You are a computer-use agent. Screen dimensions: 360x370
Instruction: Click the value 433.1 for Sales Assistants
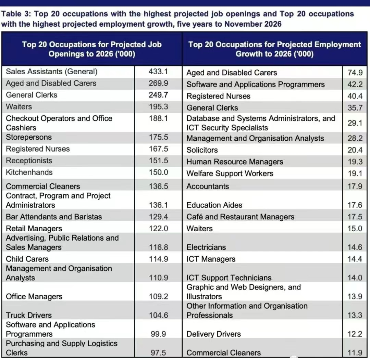pyautogui.click(x=158, y=72)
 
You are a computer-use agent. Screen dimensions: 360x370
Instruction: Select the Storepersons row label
pyautogui.click(x=29, y=137)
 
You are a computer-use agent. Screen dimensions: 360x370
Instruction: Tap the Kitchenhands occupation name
pyautogui.click(x=29, y=172)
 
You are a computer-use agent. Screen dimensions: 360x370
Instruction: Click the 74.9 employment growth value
pyautogui.click(x=355, y=73)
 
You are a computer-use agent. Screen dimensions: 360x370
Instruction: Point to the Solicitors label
pyautogui.click(x=202, y=150)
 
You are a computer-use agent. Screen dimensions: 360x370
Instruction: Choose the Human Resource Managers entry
pyautogui.click(x=235, y=162)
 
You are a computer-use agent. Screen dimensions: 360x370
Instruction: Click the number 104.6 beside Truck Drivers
pyautogui.click(x=158, y=315)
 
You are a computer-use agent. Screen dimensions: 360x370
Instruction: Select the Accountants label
pyautogui.click(x=208, y=187)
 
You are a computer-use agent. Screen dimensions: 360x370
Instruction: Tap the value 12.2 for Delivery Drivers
pyautogui.click(x=355, y=334)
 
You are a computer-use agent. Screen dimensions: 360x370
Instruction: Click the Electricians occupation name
pyautogui.click(x=206, y=247)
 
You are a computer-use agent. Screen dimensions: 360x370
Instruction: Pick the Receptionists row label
pyautogui.click(x=29, y=160)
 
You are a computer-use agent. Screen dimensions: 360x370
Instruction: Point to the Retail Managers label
pyautogui.click(x=34, y=229)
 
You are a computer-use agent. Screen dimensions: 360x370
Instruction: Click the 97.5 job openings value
pyautogui.click(x=158, y=353)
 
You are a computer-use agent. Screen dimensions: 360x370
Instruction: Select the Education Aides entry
pyautogui.click(x=214, y=205)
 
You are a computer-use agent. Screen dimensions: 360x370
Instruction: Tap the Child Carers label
pyautogui.click(x=27, y=259)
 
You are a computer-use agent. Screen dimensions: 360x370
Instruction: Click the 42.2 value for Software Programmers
pyautogui.click(x=355, y=85)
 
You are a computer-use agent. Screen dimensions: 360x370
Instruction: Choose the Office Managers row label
pyautogui.click(x=34, y=296)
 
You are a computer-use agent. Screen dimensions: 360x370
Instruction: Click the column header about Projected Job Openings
pyautogui.click(x=92, y=49)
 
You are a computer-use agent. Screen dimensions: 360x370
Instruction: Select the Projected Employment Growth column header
pyautogui.click(x=274, y=49)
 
